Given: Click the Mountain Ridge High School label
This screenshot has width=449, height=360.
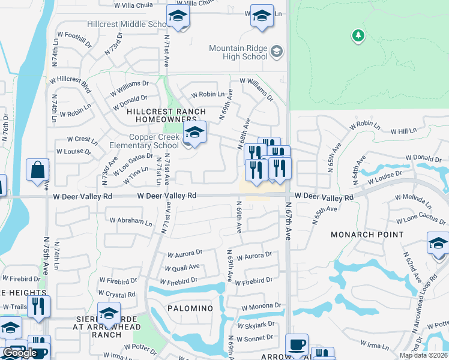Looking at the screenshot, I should [x=238, y=52].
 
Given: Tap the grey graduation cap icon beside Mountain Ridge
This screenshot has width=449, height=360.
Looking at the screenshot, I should [x=276, y=51].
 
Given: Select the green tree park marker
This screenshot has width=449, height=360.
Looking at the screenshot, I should [x=358, y=35].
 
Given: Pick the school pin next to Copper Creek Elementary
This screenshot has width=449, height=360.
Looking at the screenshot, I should [x=194, y=133].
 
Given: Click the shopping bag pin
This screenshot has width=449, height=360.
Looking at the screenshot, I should [x=38, y=170].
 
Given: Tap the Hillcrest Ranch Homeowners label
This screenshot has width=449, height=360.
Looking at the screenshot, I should [x=166, y=116].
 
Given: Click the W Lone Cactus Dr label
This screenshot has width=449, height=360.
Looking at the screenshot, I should [x=417, y=220].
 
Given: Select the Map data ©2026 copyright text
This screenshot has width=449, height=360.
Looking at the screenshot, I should [x=423, y=355].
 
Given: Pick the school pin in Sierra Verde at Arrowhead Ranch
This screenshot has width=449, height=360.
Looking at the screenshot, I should [x=109, y=314].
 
